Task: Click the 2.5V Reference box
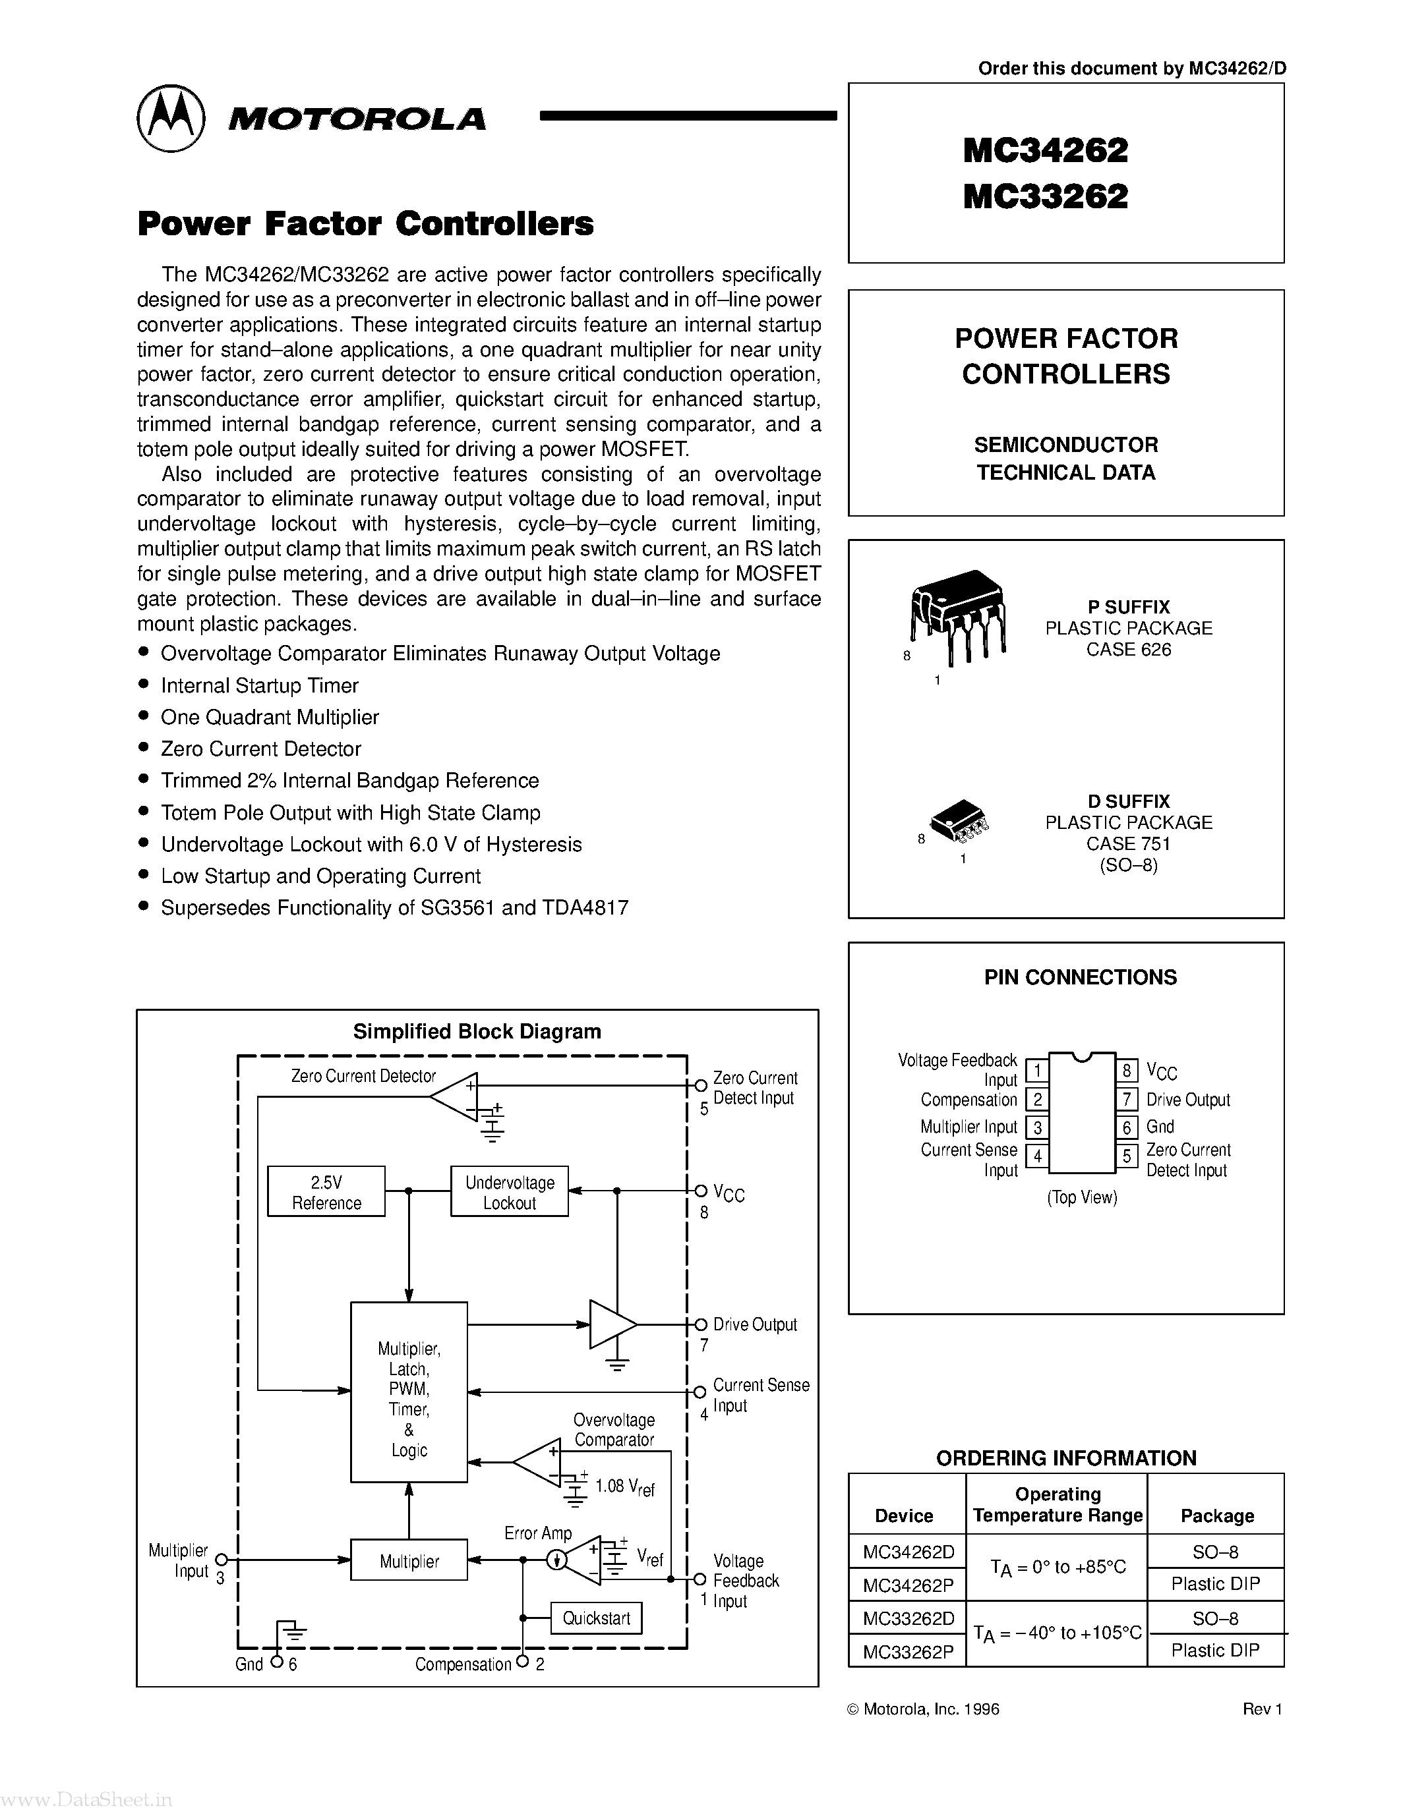coord(326,1192)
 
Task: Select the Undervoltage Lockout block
coord(509,1192)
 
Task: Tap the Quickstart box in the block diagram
coord(596,1618)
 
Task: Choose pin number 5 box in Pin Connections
coord(1126,1156)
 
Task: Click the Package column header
coord(1217,1515)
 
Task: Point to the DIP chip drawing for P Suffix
coord(959,615)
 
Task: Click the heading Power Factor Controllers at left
coord(365,224)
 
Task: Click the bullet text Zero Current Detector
coord(260,749)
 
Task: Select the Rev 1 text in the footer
coord(1263,1709)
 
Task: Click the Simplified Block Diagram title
coord(477,1031)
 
